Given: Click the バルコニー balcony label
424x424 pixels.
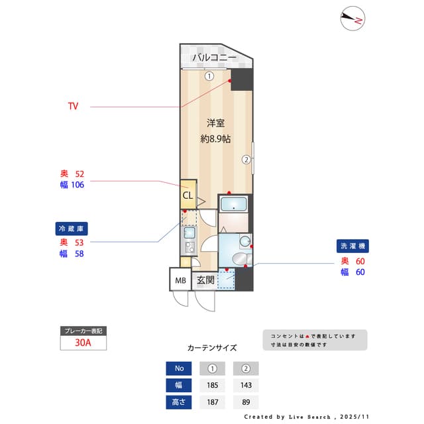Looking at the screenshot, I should coord(214,58).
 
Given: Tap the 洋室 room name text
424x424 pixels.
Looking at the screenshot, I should coord(215,123).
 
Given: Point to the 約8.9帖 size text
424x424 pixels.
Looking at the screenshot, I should coord(215,139).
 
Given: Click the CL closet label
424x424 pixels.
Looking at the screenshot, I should coord(187,195).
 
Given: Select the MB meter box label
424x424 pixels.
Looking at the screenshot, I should coord(180,280).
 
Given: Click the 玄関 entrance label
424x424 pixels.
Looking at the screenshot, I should coord(205,280).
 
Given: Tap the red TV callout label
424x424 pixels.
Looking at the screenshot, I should coord(73,106).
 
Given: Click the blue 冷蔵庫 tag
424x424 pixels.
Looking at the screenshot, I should coord(72,229).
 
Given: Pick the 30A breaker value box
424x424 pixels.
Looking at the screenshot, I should coord(83,343).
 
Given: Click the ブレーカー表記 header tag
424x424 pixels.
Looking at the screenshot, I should coord(83,331).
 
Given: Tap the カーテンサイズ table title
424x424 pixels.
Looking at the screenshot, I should coord(212,348).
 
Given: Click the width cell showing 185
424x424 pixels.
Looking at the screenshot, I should coord(213,385).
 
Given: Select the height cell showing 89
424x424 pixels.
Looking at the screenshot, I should coord(246,401).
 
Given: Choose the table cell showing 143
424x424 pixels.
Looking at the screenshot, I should coord(246,385).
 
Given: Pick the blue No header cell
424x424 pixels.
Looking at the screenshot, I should coord(178,368).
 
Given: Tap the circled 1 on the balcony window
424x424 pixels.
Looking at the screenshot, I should coord(209,76).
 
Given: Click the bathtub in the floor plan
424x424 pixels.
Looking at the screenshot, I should coord(233,205).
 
